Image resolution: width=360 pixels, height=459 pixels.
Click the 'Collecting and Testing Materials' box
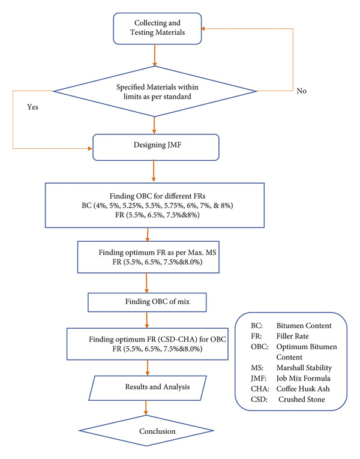157,28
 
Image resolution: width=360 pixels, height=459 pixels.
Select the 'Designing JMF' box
156,147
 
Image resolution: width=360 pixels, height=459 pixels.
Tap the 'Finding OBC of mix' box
147,302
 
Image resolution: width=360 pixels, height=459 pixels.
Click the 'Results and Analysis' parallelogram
148,388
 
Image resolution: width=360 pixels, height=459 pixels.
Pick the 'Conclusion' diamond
146,431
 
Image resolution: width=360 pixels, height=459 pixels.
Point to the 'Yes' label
33,107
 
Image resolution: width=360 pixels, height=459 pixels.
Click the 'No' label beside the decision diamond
301,91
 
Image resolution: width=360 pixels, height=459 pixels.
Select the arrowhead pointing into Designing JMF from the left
90,148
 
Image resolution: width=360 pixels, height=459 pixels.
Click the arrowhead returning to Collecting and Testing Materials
203,29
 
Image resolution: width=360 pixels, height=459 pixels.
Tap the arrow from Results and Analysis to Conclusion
145,408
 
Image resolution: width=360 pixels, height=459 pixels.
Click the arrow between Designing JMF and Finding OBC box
154,171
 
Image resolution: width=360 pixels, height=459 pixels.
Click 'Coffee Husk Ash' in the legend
303,389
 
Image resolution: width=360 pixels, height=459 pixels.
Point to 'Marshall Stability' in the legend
304,368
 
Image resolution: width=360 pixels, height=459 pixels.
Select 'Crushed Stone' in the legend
301,399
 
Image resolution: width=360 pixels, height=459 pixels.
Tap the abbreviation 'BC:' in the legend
257,326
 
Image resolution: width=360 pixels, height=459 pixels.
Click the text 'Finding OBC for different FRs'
157,196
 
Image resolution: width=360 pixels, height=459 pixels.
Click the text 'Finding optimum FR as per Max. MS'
157,253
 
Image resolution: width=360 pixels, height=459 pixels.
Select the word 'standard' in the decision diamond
177,97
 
